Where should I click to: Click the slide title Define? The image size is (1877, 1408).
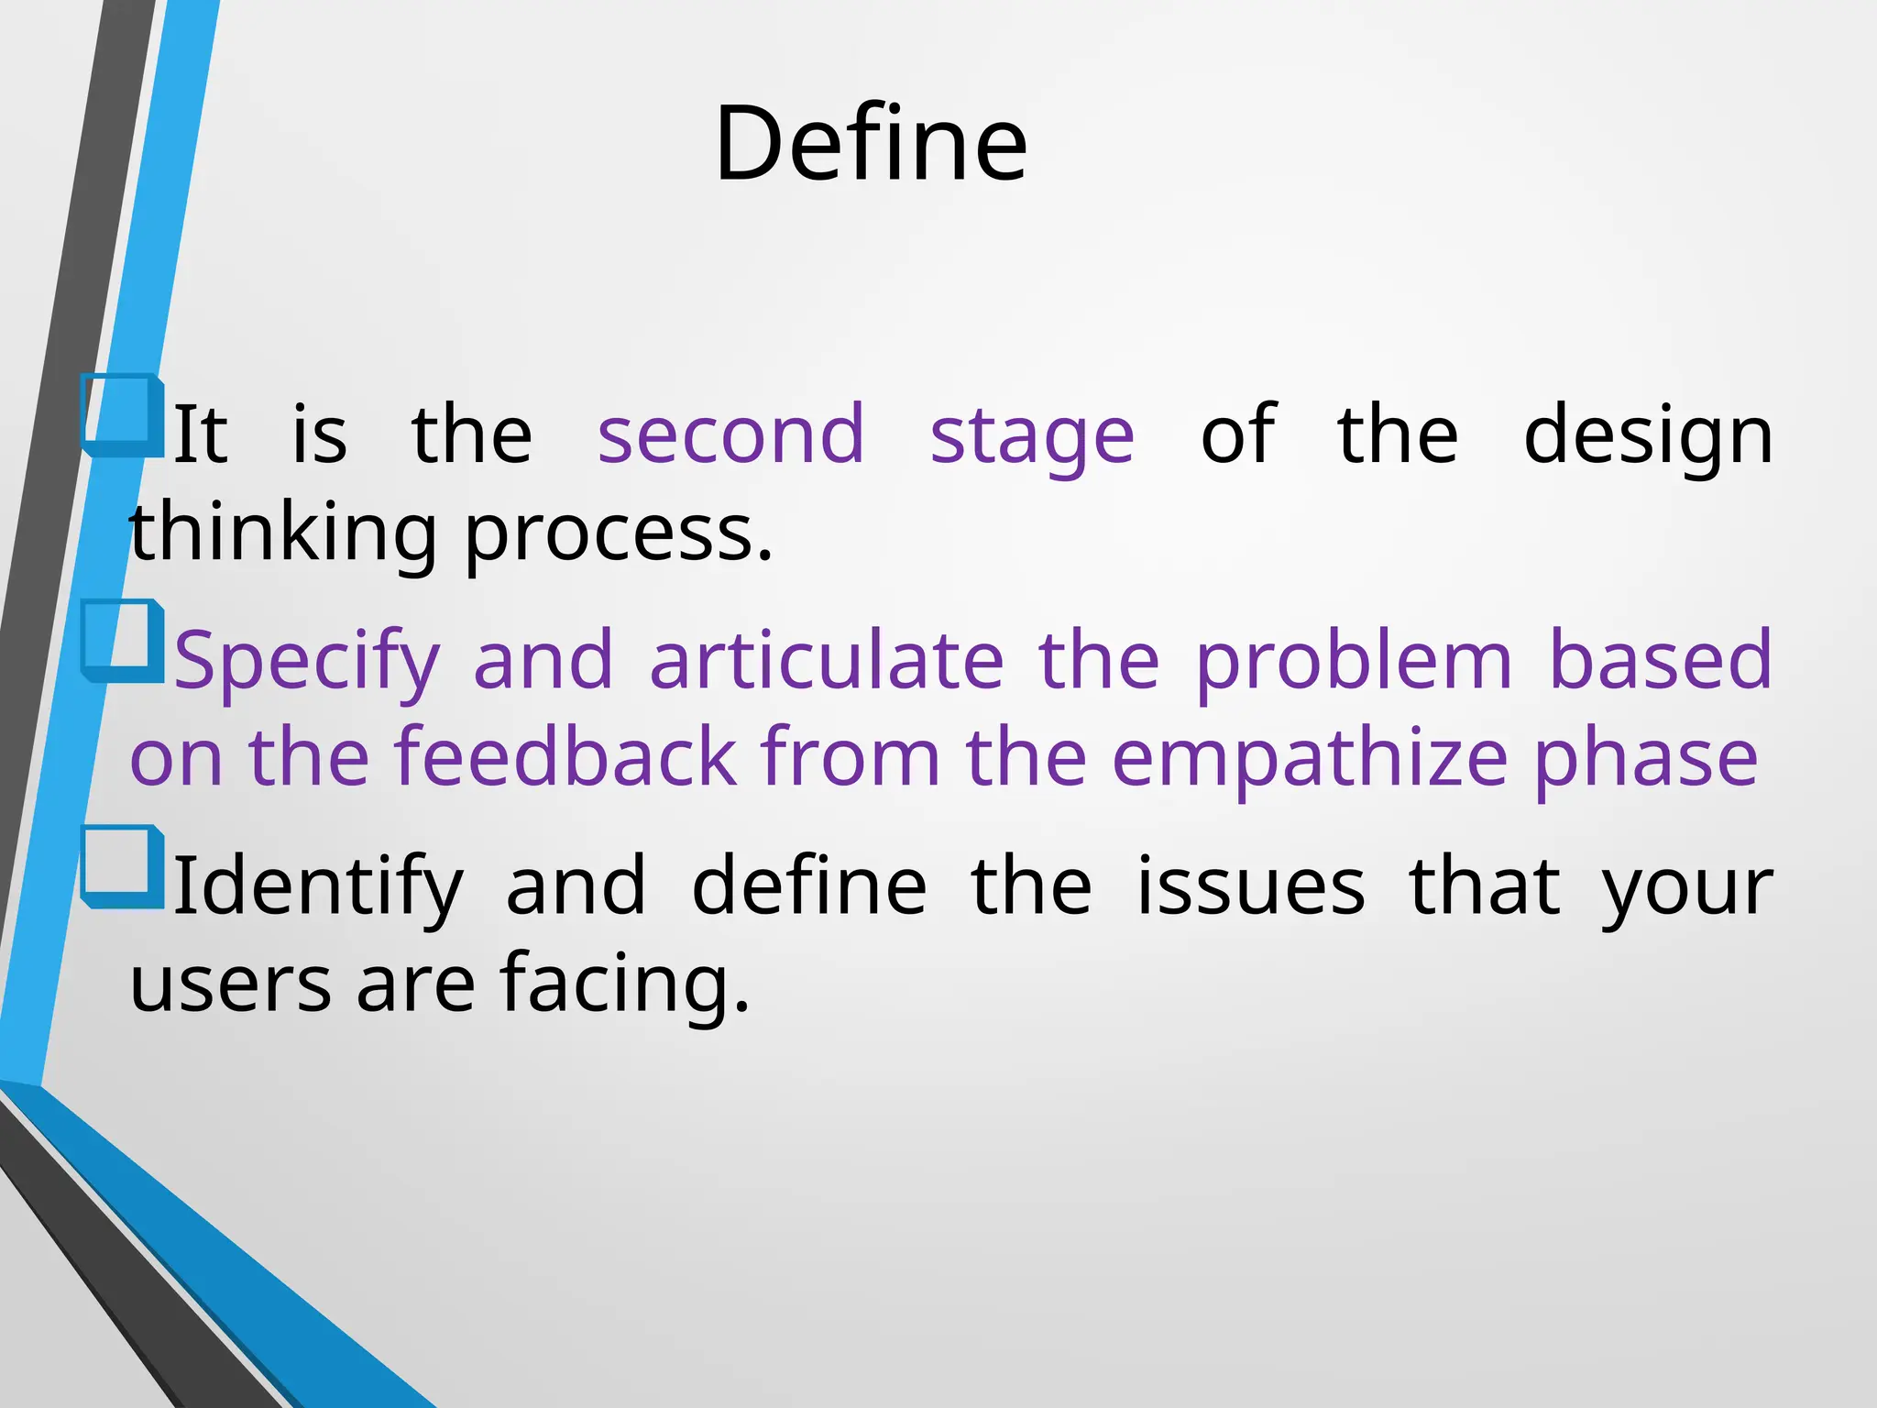(x=871, y=144)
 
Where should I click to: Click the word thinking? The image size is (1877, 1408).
(x=282, y=535)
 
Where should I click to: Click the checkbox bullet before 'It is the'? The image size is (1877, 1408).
(x=122, y=415)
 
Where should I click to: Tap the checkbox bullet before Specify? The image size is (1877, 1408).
(x=122, y=641)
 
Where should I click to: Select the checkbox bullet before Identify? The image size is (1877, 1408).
(x=122, y=866)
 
